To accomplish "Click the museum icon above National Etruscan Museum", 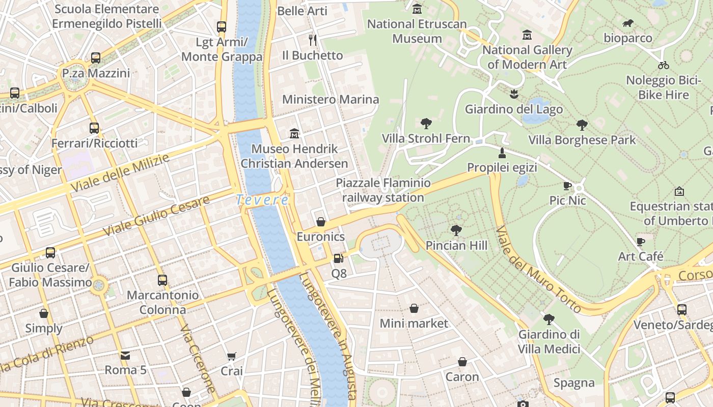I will click(x=418, y=9).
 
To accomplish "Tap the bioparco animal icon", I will click(x=628, y=23).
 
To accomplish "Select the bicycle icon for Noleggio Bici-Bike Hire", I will click(x=663, y=65).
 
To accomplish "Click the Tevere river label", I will click(x=262, y=200).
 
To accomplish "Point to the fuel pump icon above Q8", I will click(x=338, y=258).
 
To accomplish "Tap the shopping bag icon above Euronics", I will click(x=321, y=222).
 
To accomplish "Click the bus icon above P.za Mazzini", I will click(x=96, y=58).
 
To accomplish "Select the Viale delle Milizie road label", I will click(x=120, y=173).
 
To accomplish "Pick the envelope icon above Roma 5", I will click(x=125, y=355).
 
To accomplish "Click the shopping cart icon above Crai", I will click(x=232, y=356).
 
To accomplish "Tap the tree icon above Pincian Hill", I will click(x=456, y=230).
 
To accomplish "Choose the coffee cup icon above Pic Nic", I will click(x=567, y=186).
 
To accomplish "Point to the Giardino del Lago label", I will click(x=514, y=109).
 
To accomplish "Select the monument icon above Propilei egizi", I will click(x=502, y=153).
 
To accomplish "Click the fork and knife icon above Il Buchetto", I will click(x=313, y=40).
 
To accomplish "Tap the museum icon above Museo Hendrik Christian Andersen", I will click(x=294, y=134).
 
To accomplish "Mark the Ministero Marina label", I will click(x=331, y=99).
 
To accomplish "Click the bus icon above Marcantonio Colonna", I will click(x=162, y=280).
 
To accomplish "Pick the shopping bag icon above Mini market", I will click(x=414, y=308).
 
